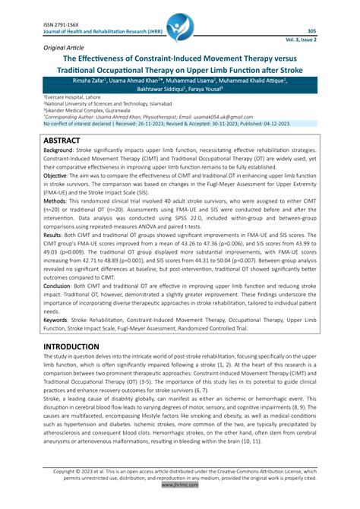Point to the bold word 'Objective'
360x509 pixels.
[55, 196]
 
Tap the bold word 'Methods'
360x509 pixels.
[53, 223]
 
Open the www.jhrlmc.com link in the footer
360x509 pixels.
[180, 502]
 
